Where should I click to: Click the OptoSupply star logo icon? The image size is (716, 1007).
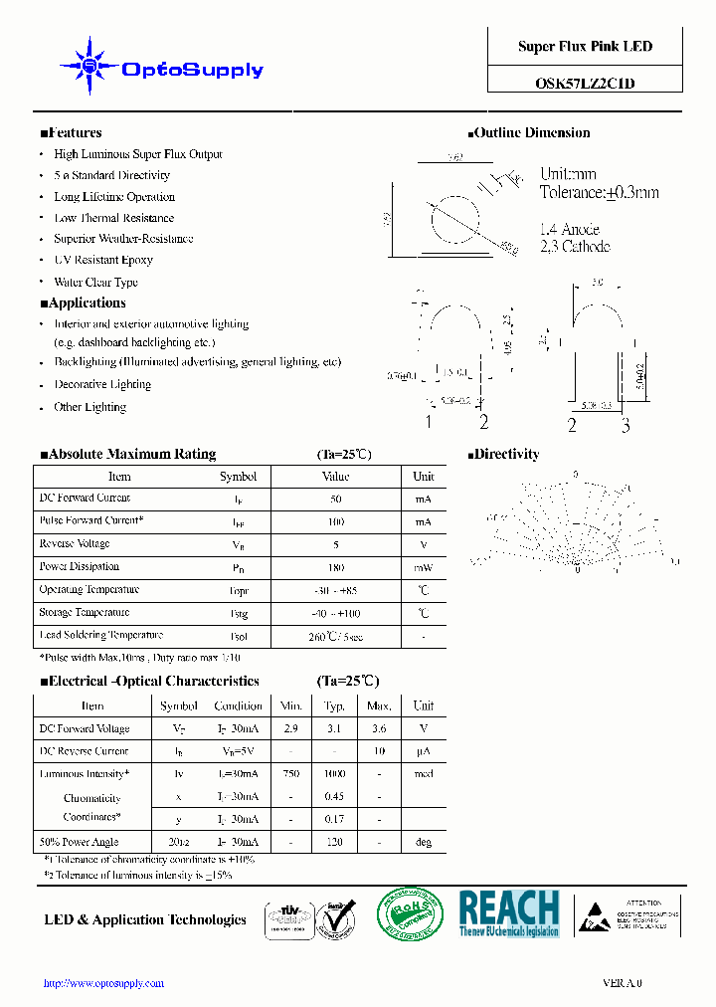click(89, 66)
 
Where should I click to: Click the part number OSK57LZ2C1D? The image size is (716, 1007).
click(585, 84)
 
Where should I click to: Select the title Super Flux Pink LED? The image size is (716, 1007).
click(585, 47)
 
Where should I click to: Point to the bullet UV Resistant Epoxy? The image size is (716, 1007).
click(103, 260)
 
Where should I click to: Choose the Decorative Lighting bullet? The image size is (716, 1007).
click(102, 385)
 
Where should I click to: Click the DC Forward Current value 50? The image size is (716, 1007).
click(335, 499)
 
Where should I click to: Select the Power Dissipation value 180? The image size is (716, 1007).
click(335, 567)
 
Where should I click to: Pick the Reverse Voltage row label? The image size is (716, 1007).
click(75, 544)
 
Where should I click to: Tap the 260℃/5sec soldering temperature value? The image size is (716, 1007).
click(335, 636)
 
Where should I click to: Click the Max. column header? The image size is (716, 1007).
click(379, 706)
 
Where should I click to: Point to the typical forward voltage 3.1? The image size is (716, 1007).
click(334, 729)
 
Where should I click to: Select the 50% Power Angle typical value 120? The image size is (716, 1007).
click(334, 843)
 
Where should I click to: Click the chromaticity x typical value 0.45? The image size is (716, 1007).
click(334, 797)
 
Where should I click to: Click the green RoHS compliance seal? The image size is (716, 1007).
click(409, 913)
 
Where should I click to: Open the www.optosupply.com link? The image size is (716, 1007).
click(104, 983)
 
